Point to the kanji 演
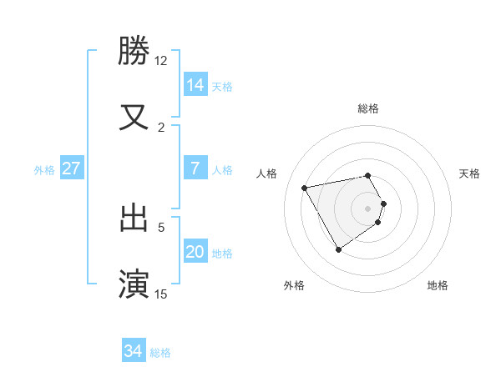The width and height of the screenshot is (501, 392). coord(134,283)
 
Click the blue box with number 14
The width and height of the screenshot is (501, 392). coord(195,84)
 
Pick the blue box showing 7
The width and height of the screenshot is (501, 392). coord(195,168)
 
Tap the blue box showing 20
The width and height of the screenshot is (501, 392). coord(195,251)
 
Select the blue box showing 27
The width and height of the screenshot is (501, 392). coord(72,168)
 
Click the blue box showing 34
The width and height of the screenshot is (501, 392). coord(133,351)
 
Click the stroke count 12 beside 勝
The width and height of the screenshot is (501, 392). coord(161,60)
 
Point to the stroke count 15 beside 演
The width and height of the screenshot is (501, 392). coord(161,294)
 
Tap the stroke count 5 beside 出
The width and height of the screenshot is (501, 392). coord(161,226)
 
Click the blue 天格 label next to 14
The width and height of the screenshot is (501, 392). coord(222,86)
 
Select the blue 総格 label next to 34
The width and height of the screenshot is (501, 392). coord(160,353)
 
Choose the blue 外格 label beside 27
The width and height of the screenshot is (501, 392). coord(44,170)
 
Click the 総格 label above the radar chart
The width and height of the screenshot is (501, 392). coord(367,108)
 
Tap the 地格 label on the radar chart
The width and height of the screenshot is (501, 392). coord(438,285)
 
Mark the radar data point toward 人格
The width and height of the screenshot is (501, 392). coord(305,187)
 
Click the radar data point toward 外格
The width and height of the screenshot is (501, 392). coord(338,249)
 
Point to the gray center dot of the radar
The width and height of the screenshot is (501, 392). coord(367,208)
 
